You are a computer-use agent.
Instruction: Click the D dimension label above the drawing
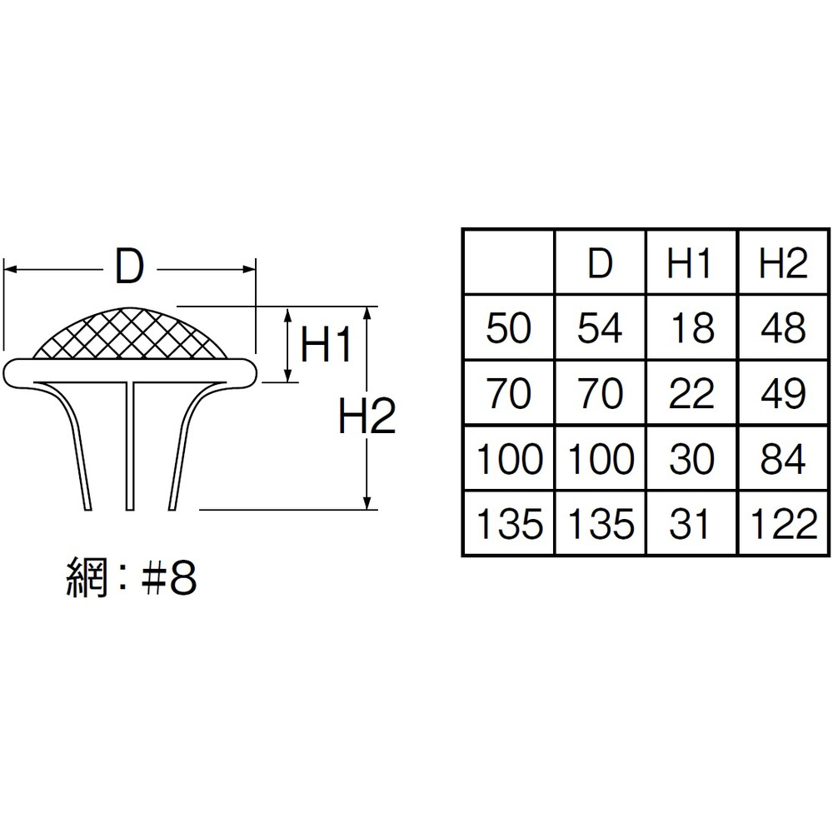pos(130,268)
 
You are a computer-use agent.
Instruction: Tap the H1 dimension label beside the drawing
pos(327,345)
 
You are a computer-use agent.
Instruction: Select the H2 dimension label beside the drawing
pos(367,416)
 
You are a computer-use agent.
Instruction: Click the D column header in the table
pos(601,263)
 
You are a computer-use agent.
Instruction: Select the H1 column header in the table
pos(691,263)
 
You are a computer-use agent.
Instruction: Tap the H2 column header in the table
pos(783,263)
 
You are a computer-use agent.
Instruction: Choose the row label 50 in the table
pos(508,328)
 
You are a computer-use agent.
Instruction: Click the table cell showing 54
pos(601,328)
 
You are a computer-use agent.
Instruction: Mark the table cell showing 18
pos(691,328)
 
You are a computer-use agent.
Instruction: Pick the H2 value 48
pos(783,328)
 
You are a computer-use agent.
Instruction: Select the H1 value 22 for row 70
pos(691,393)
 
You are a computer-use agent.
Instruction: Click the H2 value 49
pos(783,393)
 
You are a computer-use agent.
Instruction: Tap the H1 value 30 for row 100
pos(691,459)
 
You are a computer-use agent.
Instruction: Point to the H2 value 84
pos(783,459)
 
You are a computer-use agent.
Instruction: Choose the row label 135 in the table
pos(509,524)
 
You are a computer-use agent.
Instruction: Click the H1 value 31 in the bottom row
pos(691,524)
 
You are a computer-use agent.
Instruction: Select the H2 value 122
pos(783,524)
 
